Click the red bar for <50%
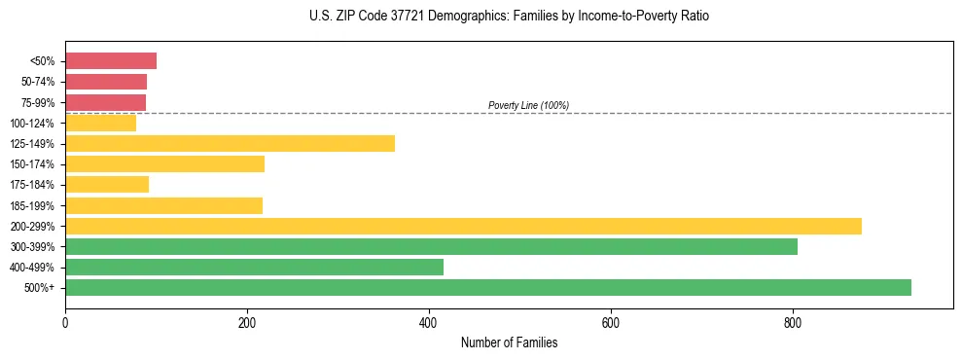click(x=111, y=61)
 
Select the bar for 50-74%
click(x=106, y=82)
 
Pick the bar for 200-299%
click(x=463, y=226)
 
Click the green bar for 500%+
click(x=488, y=287)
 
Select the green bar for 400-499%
click(x=254, y=267)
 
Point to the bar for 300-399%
click(x=431, y=246)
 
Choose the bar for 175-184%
click(x=107, y=185)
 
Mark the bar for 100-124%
click(x=100, y=124)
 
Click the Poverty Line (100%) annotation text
click(x=528, y=105)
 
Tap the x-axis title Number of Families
click(x=509, y=342)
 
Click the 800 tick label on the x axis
click(x=793, y=322)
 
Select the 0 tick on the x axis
click(x=65, y=322)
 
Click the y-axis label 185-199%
click(x=34, y=206)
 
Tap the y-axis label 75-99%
click(x=37, y=103)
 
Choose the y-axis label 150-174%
click(x=34, y=164)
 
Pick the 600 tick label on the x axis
click(x=611, y=322)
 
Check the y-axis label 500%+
click(x=40, y=288)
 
